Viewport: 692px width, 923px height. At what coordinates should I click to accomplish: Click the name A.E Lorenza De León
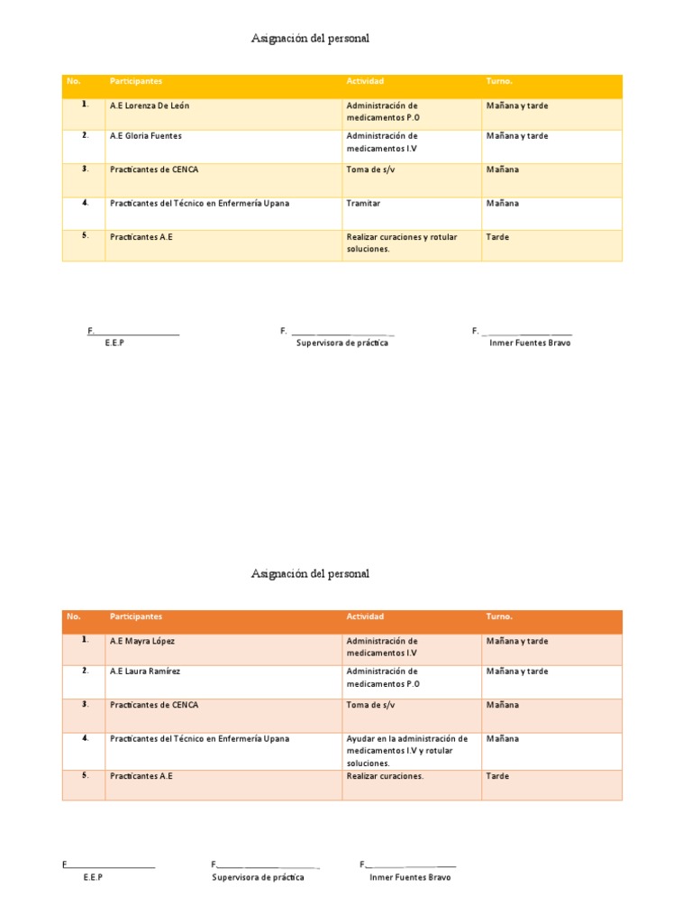coord(150,105)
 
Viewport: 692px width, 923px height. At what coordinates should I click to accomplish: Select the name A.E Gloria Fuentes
coord(145,136)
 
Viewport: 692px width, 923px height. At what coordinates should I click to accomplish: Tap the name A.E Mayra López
coord(142,641)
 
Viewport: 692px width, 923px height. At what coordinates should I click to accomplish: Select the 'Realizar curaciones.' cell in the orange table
coord(385,776)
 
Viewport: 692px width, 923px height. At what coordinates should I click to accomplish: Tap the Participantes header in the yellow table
coord(136,81)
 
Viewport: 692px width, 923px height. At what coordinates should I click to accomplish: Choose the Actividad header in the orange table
coord(365,617)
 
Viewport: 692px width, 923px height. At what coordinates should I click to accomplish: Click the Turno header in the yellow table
coord(498,81)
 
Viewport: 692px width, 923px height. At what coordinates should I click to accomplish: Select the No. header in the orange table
coord(74,617)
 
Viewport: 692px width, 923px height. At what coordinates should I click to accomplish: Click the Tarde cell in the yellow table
coord(497,237)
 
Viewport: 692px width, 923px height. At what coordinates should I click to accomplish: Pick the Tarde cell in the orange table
coord(497,776)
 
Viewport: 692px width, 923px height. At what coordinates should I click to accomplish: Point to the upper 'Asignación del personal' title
coord(310,39)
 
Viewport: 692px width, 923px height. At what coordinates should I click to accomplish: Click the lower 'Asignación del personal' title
coord(310,574)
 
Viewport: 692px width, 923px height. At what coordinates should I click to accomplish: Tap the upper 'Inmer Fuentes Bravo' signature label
coord(530,343)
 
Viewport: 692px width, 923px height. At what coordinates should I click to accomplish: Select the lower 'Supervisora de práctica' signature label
coord(258,877)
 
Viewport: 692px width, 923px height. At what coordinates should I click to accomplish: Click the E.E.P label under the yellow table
coord(114,343)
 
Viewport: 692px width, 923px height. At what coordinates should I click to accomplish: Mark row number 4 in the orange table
coord(85,738)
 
